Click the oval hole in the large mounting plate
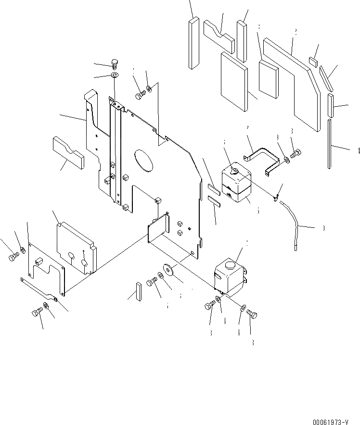click(143, 160)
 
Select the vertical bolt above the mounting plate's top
click(115, 63)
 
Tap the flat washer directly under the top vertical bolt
click(115, 76)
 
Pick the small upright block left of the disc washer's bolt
click(138, 291)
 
